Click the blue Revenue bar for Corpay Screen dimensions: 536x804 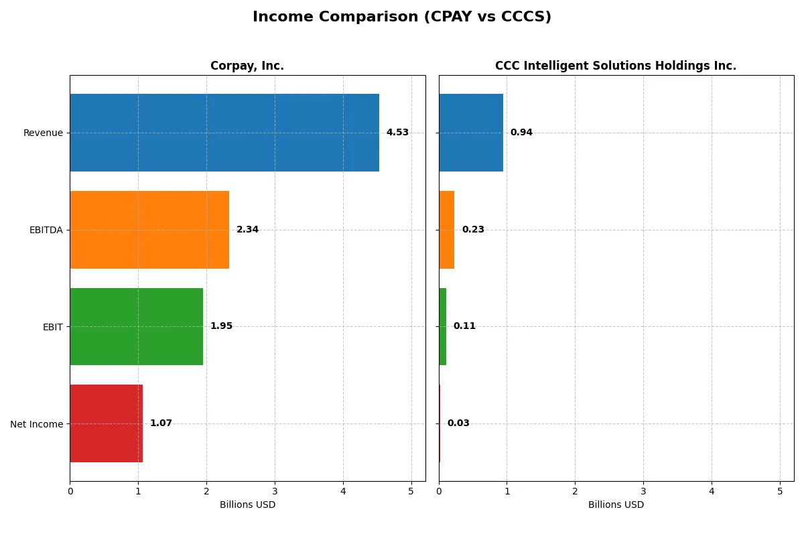point(224,133)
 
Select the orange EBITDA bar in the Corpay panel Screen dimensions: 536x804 point(149,230)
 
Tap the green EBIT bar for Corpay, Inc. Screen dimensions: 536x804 point(136,326)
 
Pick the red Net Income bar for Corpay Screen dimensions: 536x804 point(106,423)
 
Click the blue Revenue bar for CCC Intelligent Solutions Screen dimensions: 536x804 point(471,133)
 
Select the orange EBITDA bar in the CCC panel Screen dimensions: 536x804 point(447,230)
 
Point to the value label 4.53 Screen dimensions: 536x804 point(397,133)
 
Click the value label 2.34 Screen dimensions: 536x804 point(247,230)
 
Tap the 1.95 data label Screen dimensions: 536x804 point(221,326)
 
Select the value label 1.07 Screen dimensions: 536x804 point(161,423)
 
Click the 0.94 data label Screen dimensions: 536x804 point(521,133)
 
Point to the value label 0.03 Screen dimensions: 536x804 point(458,423)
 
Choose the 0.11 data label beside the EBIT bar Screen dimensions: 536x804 point(464,326)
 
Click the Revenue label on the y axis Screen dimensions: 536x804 point(43,133)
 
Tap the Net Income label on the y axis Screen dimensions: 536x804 point(37,424)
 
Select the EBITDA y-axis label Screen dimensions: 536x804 point(46,230)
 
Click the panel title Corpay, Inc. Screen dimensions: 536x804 point(247,66)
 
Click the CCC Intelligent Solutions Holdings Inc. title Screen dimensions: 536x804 point(616,66)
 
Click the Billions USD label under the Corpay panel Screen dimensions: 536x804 point(247,505)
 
